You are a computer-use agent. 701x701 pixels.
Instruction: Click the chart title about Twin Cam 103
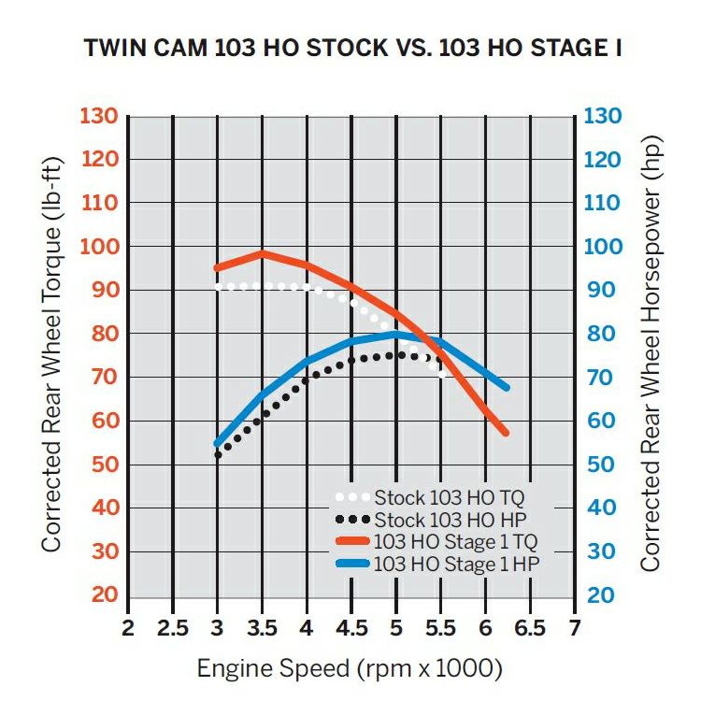coord(353,48)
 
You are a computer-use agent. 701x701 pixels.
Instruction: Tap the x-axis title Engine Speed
coord(350,669)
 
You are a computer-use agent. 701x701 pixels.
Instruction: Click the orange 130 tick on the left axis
coord(98,117)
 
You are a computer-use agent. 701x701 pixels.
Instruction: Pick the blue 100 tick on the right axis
coord(604,247)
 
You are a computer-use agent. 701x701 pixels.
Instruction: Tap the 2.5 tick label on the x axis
coord(173,626)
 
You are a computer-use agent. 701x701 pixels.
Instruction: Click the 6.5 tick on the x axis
coord(530,626)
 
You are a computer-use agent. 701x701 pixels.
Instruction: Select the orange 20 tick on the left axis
coord(105,595)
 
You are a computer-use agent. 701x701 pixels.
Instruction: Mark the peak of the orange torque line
coord(262,253)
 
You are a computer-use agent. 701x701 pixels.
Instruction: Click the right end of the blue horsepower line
coord(507,386)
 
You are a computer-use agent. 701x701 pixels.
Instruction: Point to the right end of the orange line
coord(506,433)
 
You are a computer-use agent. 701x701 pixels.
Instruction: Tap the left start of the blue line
coord(218,444)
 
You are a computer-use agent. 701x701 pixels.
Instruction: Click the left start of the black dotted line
coord(218,455)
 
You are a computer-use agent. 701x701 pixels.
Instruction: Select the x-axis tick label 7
coord(573,626)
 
